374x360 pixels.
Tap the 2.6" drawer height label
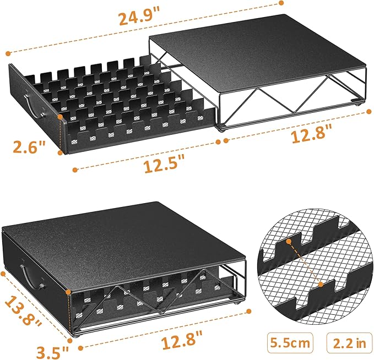[30, 148]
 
